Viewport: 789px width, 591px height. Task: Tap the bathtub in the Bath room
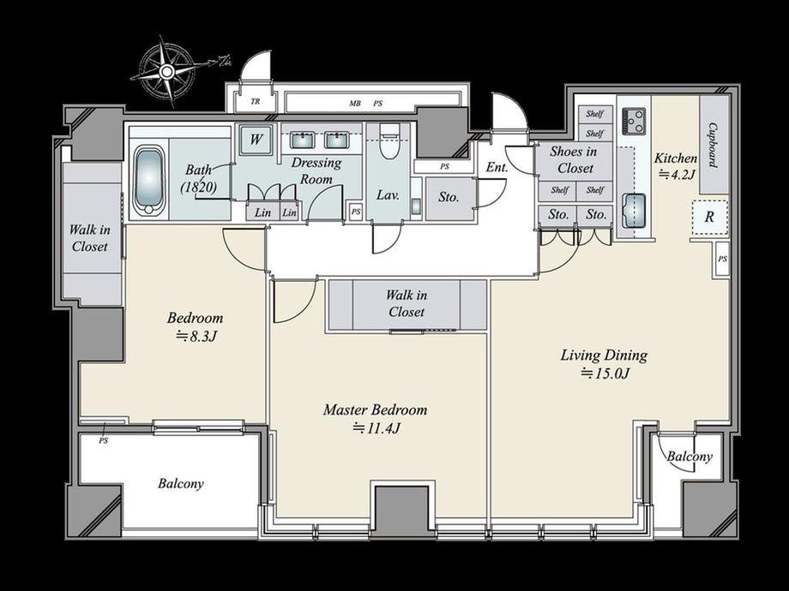[x=149, y=182]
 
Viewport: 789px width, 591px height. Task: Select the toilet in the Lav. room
[x=389, y=142]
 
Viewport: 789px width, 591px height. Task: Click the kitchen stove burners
[x=634, y=121]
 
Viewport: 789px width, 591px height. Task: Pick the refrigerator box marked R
[x=709, y=217]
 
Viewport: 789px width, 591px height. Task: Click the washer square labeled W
[x=256, y=138]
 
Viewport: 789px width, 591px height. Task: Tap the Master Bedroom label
[x=375, y=409]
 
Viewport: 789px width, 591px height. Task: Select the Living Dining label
[x=604, y=355]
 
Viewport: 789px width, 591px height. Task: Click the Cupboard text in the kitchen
[x=713, y=145]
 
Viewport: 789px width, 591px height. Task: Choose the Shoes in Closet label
[x=575, y=159]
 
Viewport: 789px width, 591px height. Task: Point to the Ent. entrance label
[x=497, y=167]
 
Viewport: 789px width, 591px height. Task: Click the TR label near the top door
[x=256, y=102]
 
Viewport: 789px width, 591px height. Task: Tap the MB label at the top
[x=355, y=104]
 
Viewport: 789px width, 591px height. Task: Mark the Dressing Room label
[x=316, y=170]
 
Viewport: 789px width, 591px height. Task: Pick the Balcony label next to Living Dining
[x=690, y=457]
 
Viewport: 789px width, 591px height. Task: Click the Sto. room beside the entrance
[x=449, y=198]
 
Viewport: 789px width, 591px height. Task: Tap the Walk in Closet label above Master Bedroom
[x=406, y=303]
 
